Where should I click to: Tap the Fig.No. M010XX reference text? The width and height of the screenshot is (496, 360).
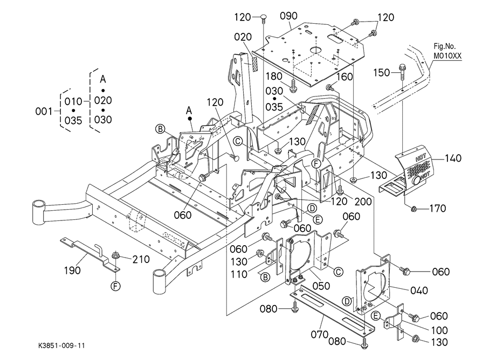447,51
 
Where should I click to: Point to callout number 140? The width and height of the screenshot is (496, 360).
454,158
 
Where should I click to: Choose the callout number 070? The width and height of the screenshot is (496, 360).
320,334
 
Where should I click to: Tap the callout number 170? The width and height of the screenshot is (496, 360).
437,209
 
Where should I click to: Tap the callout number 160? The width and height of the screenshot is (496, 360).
345,77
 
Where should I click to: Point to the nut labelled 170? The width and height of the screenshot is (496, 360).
414,208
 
